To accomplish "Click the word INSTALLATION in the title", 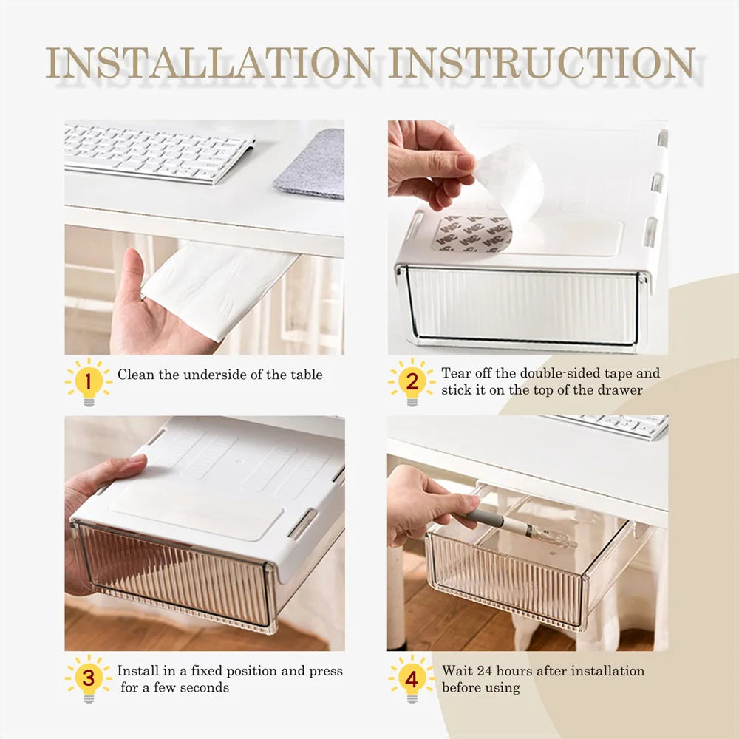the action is coord(210,63).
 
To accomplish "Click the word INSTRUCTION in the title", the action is coord(542,63).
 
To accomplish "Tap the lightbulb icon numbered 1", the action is coord(89,382).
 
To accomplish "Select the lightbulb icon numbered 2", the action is coord(412,382).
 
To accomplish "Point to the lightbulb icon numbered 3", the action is coord(89,678).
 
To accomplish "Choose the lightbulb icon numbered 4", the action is coord(412,678).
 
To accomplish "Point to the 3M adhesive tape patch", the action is coord(472,234).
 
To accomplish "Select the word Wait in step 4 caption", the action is coord(457,670).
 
